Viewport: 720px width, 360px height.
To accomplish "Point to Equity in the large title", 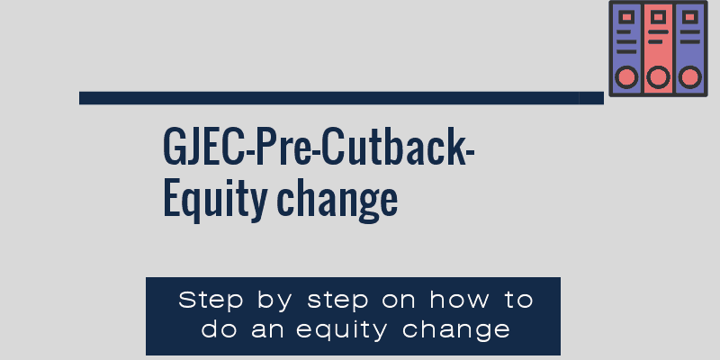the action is coord(215,200).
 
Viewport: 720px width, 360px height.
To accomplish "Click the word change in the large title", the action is coord(337,200).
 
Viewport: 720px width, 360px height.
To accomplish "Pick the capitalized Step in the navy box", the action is coord(211,301).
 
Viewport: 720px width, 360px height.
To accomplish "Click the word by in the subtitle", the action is coord(274,301).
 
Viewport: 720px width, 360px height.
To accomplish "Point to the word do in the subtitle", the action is coord(219,328).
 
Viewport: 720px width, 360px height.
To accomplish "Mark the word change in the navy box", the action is coord(456,330).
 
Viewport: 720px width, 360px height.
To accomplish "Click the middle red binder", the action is coord(658,49).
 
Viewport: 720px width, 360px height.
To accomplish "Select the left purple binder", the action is coord(626,49).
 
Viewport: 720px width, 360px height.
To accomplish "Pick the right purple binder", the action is coord(689,49).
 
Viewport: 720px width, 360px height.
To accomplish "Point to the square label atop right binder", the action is coord(689,17).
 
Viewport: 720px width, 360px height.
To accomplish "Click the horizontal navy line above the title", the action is coord(341,98).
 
